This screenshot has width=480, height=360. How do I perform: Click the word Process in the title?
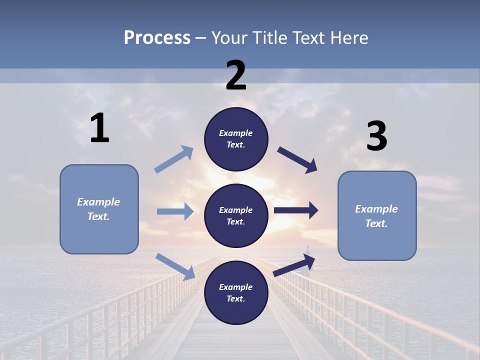157,38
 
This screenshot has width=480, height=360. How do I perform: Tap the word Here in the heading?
348,38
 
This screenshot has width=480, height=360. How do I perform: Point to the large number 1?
99,128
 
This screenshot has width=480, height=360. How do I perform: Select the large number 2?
236,75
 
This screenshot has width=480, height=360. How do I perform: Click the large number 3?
376,136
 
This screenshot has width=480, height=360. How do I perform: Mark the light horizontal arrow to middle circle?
175,211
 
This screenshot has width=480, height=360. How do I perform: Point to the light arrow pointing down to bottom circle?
175,266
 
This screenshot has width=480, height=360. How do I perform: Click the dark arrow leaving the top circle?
297,159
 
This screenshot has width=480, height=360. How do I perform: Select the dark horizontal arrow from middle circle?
296,210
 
